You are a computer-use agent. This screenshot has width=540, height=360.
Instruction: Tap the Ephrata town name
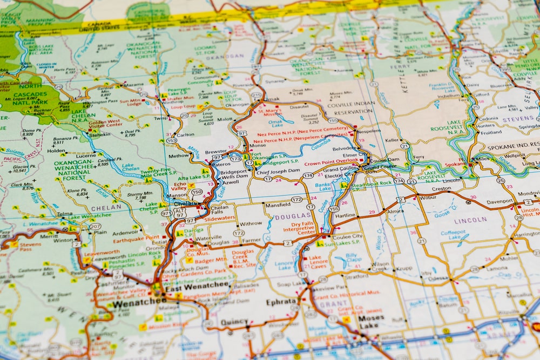click(x=281, y=302)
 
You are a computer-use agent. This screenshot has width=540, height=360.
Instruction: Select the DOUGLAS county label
click(x=285, y=216)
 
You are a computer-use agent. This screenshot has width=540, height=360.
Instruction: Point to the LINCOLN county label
click(x=470, y=221)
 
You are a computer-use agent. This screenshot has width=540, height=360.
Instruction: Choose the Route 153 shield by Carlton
click(x=172, y=140)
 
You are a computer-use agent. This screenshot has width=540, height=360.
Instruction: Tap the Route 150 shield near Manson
click(x=197, y=192)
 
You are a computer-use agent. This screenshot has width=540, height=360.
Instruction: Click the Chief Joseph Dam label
click(x=278, y=171)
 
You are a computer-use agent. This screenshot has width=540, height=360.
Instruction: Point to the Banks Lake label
click(x=322, y=187)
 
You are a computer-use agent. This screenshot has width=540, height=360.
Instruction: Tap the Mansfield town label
click(x=278, y=205)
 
